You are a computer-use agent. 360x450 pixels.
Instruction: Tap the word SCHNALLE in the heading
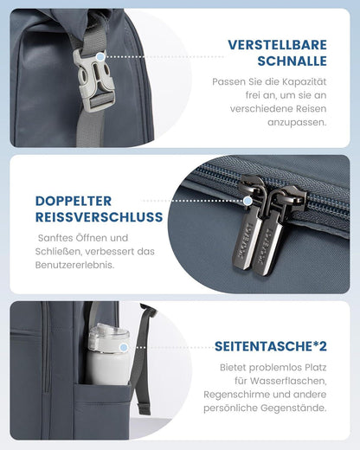coord(292,61)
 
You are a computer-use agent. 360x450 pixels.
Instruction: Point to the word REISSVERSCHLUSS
coord(100,217)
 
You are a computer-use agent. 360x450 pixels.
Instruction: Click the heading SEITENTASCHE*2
coord(270,348)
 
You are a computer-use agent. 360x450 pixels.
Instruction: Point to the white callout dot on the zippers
coord(248,201)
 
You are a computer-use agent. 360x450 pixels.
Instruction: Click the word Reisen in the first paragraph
coord(310,108)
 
